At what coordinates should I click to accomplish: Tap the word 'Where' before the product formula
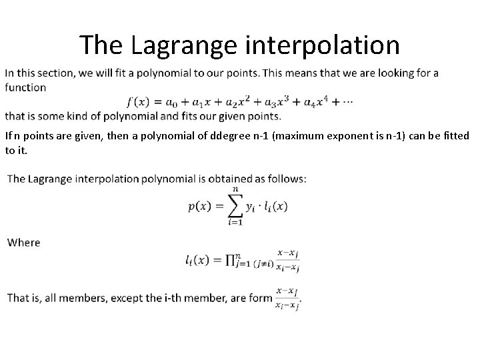24,243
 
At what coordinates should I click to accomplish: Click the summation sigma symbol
235,206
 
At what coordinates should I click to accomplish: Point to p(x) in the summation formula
201,207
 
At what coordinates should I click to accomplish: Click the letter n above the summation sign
235,189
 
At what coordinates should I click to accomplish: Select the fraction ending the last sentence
287,297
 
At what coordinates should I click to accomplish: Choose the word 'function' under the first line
25,87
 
